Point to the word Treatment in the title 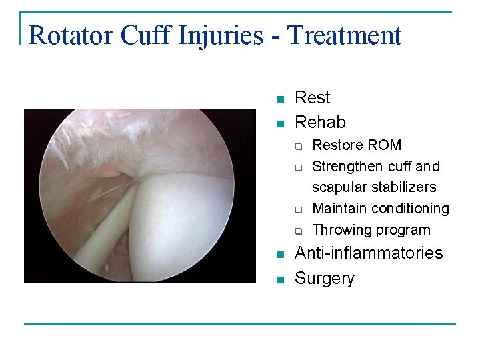(x=345, y=35)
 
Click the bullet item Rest (x=312, y=98)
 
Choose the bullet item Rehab (x=320, y=122)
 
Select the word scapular (x=337, y=187)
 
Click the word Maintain (x=339, y=209)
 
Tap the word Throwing (x=339, y=230)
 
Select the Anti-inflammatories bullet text (x=368, y=253)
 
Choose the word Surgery (x=325, y=278)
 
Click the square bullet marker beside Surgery (x=281, y=279)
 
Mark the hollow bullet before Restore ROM (x=300, y=146)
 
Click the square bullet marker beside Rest (x=281, y=99)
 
